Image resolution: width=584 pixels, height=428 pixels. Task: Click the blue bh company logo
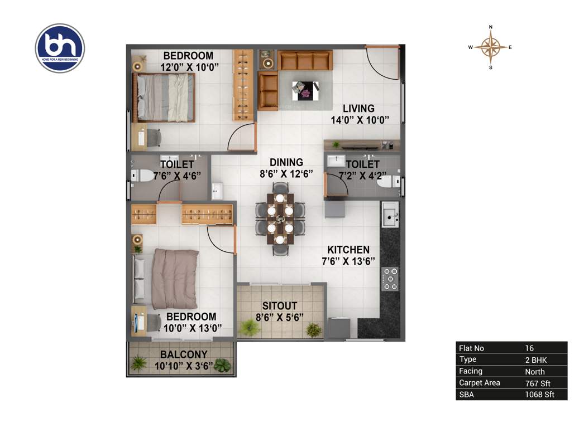[60, 48]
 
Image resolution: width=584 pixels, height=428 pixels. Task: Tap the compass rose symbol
[491, 47]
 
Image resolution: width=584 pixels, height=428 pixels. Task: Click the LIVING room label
[358, 108]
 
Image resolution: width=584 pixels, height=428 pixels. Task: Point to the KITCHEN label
[348, 250]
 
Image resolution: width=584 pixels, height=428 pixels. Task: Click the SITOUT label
[280, 306]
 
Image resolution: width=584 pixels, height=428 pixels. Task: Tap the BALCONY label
[184, 354]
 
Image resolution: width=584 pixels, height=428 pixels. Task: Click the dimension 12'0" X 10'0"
[188, 66]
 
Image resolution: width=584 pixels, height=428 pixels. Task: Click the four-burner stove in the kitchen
[390, 279]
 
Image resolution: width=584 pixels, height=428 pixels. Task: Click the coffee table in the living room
[305, 90]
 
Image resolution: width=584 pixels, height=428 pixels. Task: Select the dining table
[280, 218]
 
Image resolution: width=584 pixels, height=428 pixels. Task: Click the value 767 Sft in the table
[535, 383]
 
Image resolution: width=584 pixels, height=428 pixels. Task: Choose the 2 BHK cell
[535, 359]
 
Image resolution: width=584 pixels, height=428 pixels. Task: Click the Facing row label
[471, 371]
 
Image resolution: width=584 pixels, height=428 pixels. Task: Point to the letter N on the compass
[491, 27]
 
